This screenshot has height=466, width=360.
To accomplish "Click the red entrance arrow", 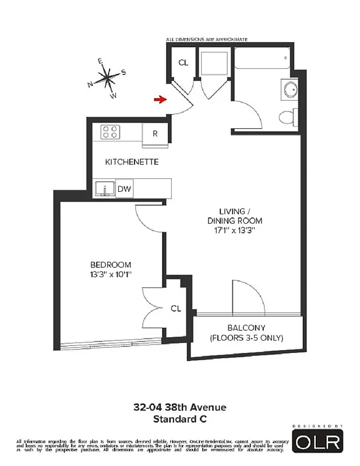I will [159, 100].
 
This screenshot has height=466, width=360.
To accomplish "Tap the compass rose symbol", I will [108, 76].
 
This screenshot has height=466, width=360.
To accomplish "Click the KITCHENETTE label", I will [132, 161].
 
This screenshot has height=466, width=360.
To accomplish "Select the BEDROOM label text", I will [111, 264].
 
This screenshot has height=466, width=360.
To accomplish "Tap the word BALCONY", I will [246, 327].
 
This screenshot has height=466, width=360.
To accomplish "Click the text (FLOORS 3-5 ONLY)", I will [246, 338].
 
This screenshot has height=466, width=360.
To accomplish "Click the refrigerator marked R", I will [155, 133].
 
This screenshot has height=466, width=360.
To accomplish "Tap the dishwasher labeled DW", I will [123, 189].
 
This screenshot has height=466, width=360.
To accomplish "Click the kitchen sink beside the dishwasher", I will [106, 189].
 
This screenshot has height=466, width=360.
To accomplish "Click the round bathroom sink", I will [288, 89].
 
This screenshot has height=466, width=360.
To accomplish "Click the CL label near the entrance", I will [183, 63].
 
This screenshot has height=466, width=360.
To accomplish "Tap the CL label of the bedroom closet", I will [175, 308].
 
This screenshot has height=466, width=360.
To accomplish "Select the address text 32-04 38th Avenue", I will [180, 408].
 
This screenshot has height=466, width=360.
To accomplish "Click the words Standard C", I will [180, 418].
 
